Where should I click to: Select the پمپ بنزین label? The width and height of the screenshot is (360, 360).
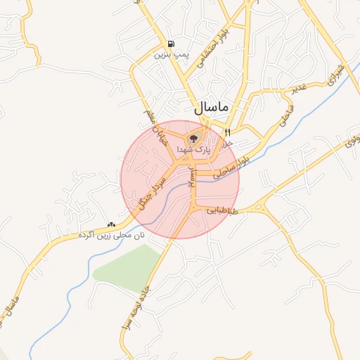(x=173, y=54)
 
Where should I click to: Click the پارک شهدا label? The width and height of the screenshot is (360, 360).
(x=193, y=149)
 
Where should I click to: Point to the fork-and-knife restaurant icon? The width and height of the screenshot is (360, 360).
(x=227, y=133)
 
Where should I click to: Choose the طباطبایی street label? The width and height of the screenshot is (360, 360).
(x=223, y=210)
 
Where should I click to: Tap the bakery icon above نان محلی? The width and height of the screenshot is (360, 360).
(x=110, y=225)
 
